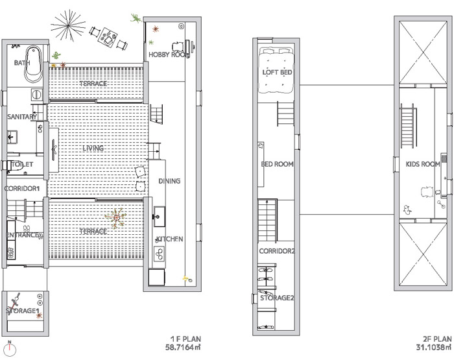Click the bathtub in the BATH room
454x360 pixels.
(33, 64)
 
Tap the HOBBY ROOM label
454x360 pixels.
(169, 54)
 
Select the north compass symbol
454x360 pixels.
(10, 349)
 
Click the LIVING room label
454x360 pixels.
(93, 149)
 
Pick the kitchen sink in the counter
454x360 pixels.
(160, 216)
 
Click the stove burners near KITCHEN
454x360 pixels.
(160, 254)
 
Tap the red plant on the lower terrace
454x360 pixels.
(116, 218)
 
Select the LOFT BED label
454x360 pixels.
(277, 72)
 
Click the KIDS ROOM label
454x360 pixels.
(423, 164)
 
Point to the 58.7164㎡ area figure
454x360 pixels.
(183, 347)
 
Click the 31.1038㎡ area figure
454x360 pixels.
(434, 347)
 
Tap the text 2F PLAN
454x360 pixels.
(438, 339)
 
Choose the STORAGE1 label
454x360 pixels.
(22, 311)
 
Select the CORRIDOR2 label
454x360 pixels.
(277, 251)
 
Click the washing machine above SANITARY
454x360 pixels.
(37, 95)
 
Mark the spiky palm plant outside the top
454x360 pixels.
(68, 25)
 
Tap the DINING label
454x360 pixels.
(169, 181)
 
